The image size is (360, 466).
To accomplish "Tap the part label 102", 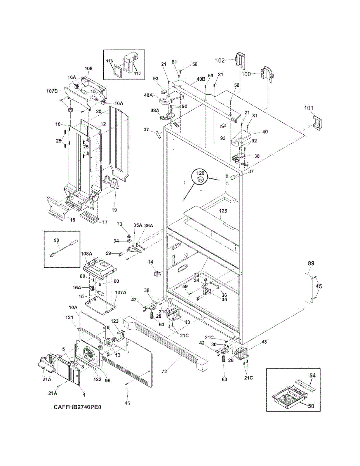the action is tap(220, 61).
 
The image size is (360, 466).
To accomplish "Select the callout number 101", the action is tap(309, 108).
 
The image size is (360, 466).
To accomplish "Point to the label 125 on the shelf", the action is tap(223, 211).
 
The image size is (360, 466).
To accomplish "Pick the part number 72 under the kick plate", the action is tap(164, 372).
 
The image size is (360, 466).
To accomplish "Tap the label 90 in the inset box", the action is tap(56, 240).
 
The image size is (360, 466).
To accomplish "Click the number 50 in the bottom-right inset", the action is tap(311, 406).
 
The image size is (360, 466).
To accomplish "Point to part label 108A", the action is tap(87, 254).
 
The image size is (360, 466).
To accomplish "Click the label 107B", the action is tap(52, 91).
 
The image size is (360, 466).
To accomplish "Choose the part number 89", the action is tap(311, 263).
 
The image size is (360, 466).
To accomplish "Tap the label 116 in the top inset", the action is tap(110, 61).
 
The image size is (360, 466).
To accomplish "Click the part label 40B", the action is tap(201, 79).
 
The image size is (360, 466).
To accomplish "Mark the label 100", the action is tap(246, 74).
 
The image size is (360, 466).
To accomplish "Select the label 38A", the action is tap(155, 111).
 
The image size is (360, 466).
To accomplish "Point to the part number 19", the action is tap(114, 210).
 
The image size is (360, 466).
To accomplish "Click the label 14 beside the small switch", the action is tap(151, 262).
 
